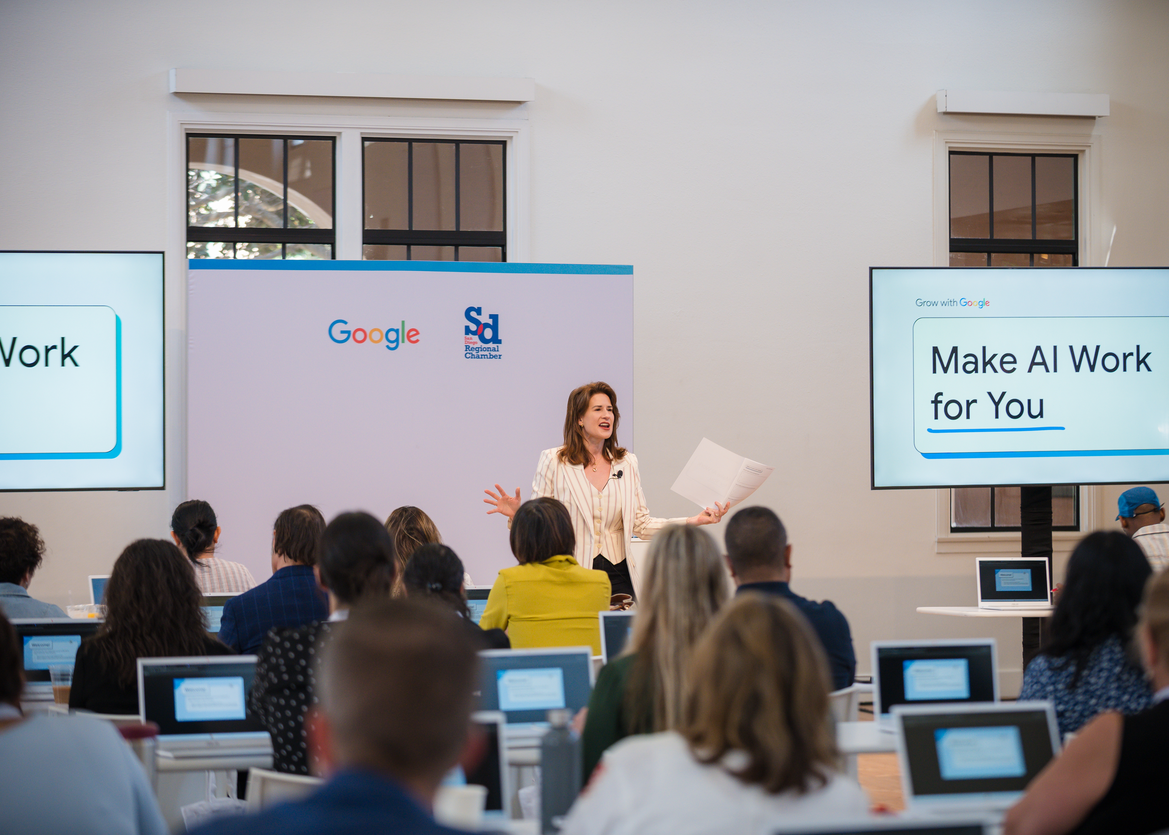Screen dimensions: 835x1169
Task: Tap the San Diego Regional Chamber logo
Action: point(482,333)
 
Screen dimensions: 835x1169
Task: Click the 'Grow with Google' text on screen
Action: point(952,303)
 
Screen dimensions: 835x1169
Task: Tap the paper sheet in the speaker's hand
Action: point(720,473)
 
